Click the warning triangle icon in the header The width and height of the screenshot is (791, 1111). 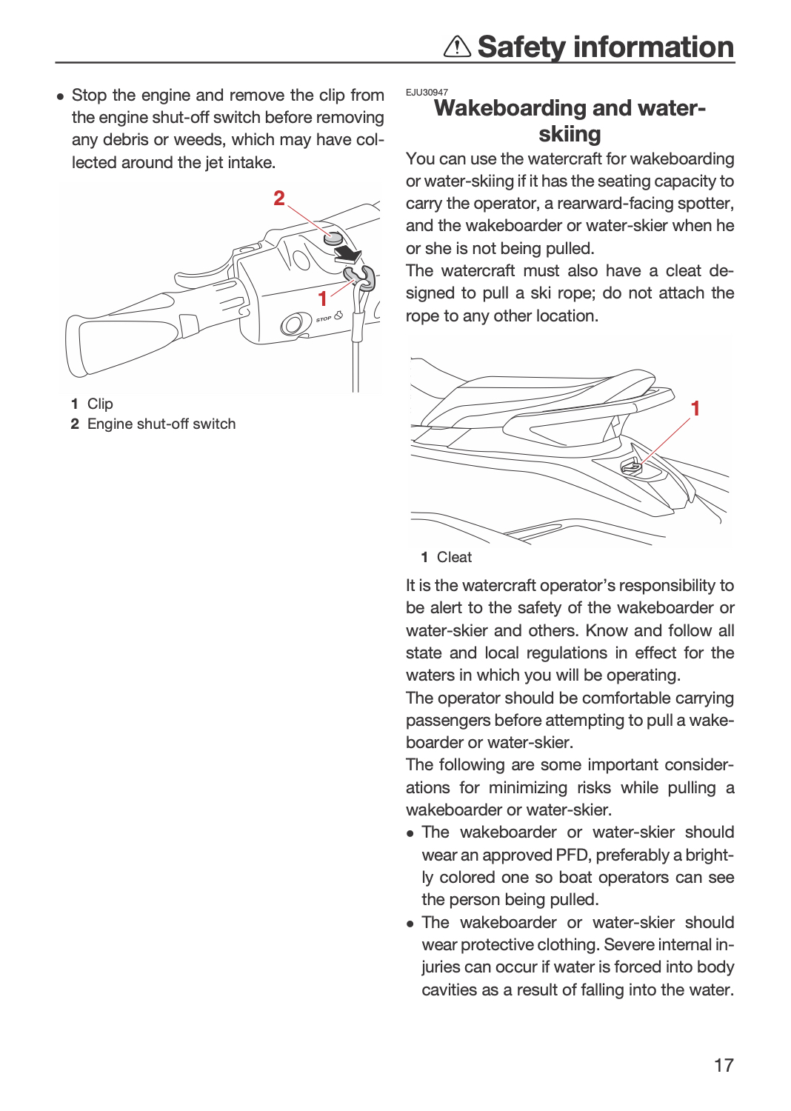[x=457, y=47]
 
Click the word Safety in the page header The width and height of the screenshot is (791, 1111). [x=521, y=47]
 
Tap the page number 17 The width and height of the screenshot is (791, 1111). [x=724, y=1065]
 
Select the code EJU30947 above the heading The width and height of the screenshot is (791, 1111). [x=427, y=93]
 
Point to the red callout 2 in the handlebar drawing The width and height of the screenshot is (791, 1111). [x=279, y=198]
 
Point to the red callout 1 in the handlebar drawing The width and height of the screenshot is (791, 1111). [x=322, y=299]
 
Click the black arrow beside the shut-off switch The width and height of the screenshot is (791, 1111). [x=349, y=255]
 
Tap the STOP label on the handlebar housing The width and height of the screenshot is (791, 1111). [x=324, y=319]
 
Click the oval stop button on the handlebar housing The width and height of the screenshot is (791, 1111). [x=293, y=324]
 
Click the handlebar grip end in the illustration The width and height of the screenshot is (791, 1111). [x=79, y=347]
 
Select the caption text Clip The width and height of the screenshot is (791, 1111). [x=100, y=404]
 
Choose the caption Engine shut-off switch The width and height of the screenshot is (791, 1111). [x=161, y=424]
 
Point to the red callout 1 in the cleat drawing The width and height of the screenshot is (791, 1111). [x=695, y=409]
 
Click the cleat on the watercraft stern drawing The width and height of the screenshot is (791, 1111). [x=631, y=466]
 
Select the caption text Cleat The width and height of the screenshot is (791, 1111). [x=454, y=558]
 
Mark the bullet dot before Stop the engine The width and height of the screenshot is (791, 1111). [x=61, y=96]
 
